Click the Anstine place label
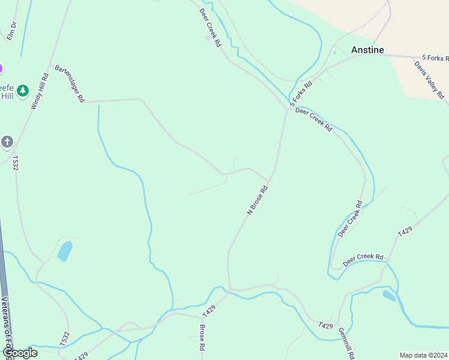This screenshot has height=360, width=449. coord(367,50)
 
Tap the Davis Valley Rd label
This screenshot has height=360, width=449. coord(429,79)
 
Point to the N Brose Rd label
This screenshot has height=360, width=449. coord(257,200)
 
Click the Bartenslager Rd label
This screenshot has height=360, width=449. coord(70,84)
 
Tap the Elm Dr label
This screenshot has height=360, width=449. coord(11,31)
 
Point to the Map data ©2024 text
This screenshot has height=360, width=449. coord(424,355)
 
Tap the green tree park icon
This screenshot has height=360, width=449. coord(23,91)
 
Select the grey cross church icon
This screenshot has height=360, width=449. coord(7,142)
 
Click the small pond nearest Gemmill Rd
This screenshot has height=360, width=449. coord(389,296)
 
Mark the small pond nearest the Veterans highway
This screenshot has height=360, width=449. coord(64,251)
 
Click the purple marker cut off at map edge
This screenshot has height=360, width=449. coord(1,69)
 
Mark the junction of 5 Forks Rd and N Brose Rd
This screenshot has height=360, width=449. coord(286,109)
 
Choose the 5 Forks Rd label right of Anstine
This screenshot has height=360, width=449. coord(435,58)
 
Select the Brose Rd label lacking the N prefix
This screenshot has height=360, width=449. coord(203,338)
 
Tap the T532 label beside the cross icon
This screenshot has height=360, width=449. coord(16,163)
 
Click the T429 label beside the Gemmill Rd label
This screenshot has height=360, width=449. coord(326,325)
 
